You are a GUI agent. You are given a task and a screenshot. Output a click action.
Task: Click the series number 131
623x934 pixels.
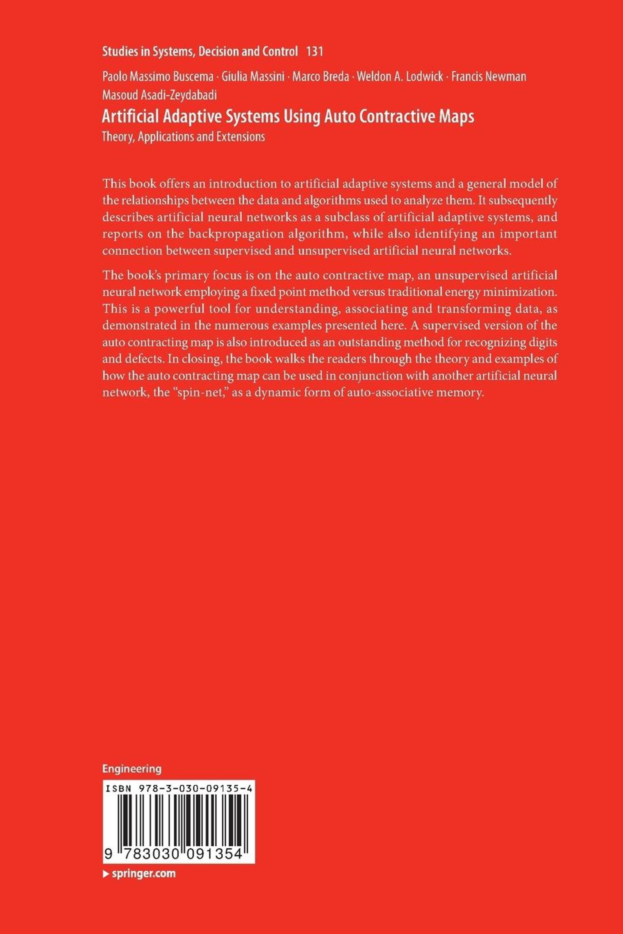(x=315, y=52)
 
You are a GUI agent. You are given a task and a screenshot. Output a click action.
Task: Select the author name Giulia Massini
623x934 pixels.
(x=253, y=77)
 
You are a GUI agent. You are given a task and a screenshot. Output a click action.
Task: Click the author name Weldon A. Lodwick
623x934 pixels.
(x=400, y=77)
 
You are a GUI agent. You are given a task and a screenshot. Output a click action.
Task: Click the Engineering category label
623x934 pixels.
(x=132, y=768)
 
